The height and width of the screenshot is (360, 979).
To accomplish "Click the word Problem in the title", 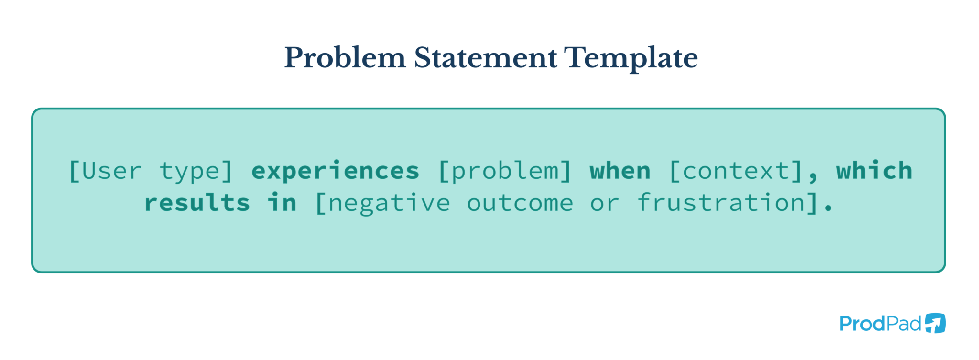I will (345, 58).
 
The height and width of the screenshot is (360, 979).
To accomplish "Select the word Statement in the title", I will (485, 58).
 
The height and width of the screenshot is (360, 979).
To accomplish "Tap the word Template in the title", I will (631, 58).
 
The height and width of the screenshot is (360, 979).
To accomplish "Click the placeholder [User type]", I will (151, 171).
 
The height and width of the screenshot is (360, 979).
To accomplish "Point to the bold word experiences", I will (335, 171).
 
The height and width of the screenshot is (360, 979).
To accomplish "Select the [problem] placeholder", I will (504, 171).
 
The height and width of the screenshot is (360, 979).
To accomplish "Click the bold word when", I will (620, 171).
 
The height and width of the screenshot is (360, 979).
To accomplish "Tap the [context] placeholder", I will (736, 171).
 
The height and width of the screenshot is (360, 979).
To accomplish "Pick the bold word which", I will (874, 171).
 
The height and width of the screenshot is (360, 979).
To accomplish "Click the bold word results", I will (197, 203).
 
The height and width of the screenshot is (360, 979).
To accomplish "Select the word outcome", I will (520, 203).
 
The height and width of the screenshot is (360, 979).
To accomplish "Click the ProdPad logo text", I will (880, 324).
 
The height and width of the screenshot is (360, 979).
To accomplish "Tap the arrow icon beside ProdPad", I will (935, 323).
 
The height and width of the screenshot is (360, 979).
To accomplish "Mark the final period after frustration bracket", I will (828, 209).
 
